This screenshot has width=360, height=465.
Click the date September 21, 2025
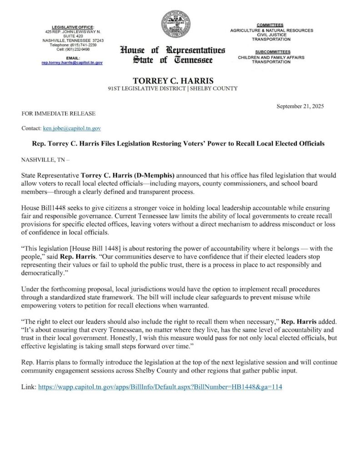click(300, 106)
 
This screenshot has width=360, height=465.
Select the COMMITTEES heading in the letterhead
click(270, 25)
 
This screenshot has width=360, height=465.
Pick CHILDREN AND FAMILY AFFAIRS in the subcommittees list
click(271, 57)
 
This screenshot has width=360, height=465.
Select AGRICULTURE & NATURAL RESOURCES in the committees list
click(271, 30)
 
